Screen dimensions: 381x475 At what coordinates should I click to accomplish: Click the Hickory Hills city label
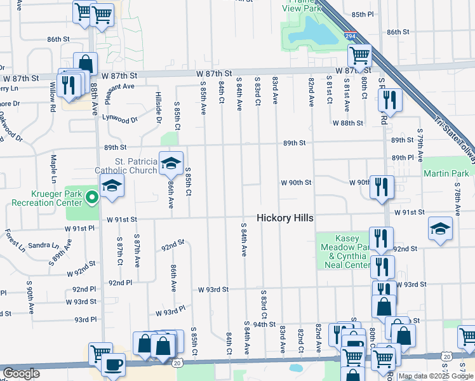tap(285, 218)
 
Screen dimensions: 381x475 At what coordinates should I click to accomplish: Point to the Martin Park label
tap(446, 173)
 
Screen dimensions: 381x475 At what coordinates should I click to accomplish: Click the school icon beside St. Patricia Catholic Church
tap(170, 164)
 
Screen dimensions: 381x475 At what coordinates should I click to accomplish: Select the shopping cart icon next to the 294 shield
tap(359, 56)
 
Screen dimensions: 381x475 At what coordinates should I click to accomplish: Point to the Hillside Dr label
tap(159, 104)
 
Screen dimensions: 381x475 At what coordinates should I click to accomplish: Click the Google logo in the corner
tap(21, 373)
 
